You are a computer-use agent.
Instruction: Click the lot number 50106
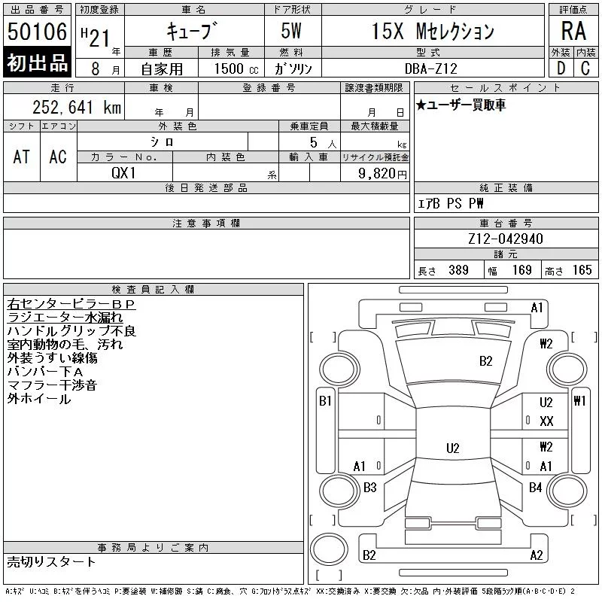click(x=37, y=32)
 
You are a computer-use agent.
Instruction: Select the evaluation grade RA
click(x=573, y=31)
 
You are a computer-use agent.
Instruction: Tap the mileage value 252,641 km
click(x=77, y=107)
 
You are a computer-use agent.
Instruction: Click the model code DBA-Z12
click(x=431, y=68)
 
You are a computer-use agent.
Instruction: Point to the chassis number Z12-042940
click(x=506, y=239)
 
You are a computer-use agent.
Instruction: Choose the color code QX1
click(x=123, y=173)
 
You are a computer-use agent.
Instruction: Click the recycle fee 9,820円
click(x=382, y=174)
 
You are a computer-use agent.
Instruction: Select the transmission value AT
click(x=22, y=157)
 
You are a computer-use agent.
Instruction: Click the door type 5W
click(x=291, y=31)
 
